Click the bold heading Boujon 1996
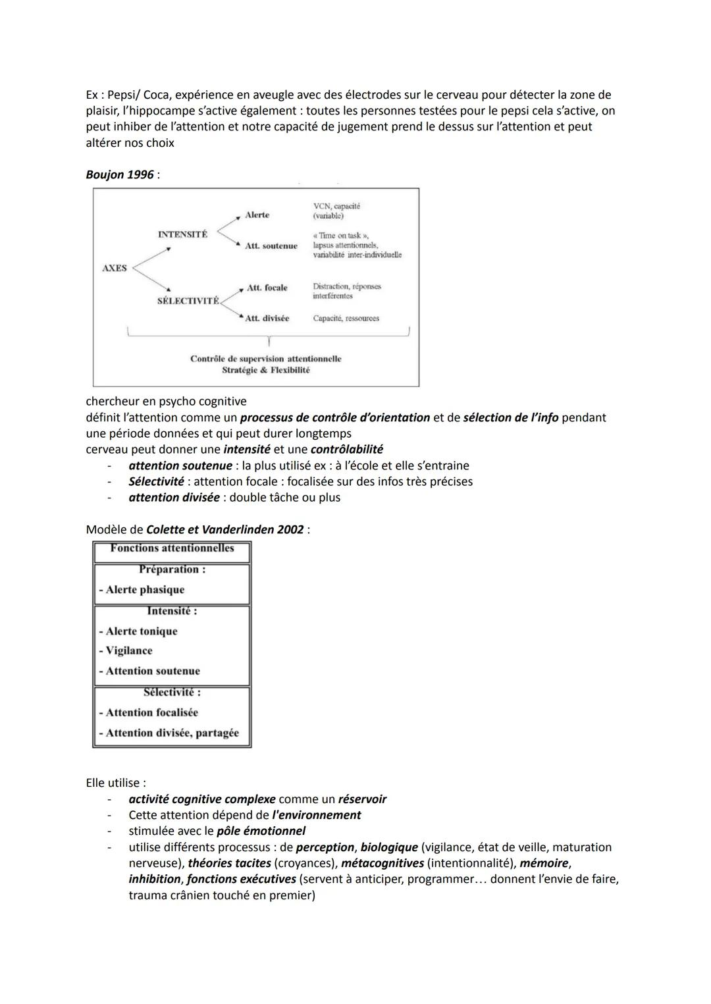pyautogui.click(x=120, y=174)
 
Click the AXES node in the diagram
pyautogui.click(x=115, y=268)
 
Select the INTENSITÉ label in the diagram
pyautogui.click(x=182, y=234)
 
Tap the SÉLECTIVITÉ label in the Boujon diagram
pyautogui.click(x=188, y=300)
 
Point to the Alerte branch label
pyautogui.click(x=257, y=215)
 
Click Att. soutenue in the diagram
pyautogui.click(x=271, y=246)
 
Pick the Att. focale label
pyautogui.click(x=267, y=288)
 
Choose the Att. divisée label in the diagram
pyautogui.click(x=267, y=318)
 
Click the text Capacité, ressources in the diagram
pyautogui.click(x=346, y=318)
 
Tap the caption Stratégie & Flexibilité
pyautogui.click(x=265, y=370)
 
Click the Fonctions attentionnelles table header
pyautogui.click(x=172, y=548)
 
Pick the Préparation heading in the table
pyautogui.click(x=172, y=569)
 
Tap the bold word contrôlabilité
pyautogui.click(x=346, y=449)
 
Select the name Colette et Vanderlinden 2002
pyautogui.click(x=225, y=529)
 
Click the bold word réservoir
pyautogui.click(x=362, y=799)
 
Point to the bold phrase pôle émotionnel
pyautogui.click(x=261, y=831)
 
